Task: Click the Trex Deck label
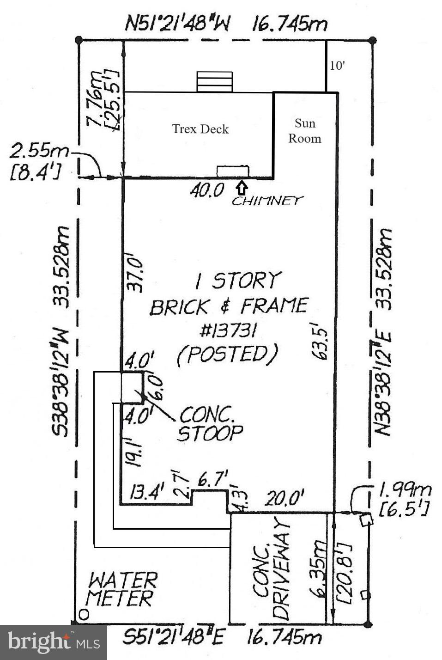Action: click(200, 129)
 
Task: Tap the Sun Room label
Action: click(305, 131)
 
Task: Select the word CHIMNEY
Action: click(267, 201)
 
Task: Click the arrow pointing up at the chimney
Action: click(242, 188)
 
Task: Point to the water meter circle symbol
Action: click(84, 614)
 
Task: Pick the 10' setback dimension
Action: click(337, 66)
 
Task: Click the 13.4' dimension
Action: click(147, 492)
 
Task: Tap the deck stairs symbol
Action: click(214, 82)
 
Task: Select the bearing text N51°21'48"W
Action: click(178, 24)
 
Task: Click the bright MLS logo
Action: click(54, 642)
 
